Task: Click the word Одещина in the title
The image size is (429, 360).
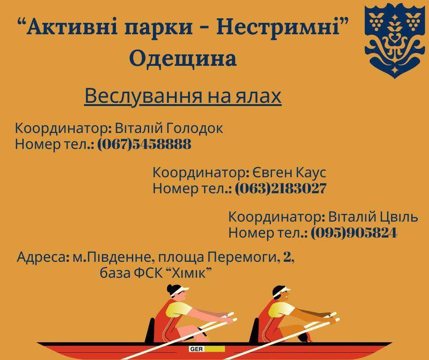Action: [x=183, y=58]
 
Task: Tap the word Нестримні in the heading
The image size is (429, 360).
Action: [x=277, y=27]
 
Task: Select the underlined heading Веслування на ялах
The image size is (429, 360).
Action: [x=183, y=96]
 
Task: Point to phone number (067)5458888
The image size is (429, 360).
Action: [x=144, y=144]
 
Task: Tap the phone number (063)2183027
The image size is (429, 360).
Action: [x=280, y=189]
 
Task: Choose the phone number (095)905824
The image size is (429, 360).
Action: [x=354, y=233]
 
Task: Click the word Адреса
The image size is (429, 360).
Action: [x=41, y=258]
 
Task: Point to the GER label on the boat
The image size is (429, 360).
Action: [x=196, y=349]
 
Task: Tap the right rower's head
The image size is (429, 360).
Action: [x=281, y=293]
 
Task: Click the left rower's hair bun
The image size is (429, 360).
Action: [x=170, y=289]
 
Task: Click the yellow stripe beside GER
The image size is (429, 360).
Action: [x=215, y=349]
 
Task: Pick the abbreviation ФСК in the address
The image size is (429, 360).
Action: [x=147, y=273]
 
